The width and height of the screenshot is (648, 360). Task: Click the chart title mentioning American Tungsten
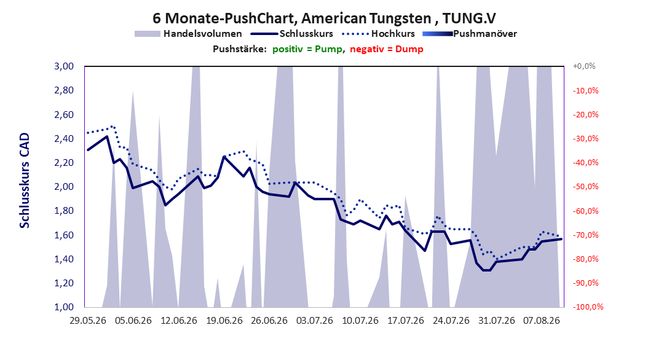point(324,18)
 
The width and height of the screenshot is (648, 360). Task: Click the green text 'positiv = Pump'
point(307,49)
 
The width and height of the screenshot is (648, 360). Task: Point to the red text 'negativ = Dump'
point(387,49)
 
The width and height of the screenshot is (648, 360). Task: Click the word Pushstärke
point(239,49)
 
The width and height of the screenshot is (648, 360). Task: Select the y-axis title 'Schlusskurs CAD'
point(25,181)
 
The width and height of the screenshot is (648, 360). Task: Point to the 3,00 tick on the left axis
point(64,66)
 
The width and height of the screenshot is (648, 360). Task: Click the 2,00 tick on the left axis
point(64,187)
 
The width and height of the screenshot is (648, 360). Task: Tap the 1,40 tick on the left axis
point(64,259)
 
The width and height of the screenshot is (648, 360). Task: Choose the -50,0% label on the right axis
point(585,187)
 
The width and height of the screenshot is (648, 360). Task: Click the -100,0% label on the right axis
point(588,307)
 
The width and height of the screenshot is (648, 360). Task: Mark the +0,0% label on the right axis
point(584,66)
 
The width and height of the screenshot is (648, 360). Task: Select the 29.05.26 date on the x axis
point(88,321)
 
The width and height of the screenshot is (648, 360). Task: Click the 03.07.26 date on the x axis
point(315,321)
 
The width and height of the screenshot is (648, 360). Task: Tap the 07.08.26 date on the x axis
point(542,321)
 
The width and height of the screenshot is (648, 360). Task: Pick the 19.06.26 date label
point(224,321)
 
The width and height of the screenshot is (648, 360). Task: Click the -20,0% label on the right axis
point(585,114)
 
